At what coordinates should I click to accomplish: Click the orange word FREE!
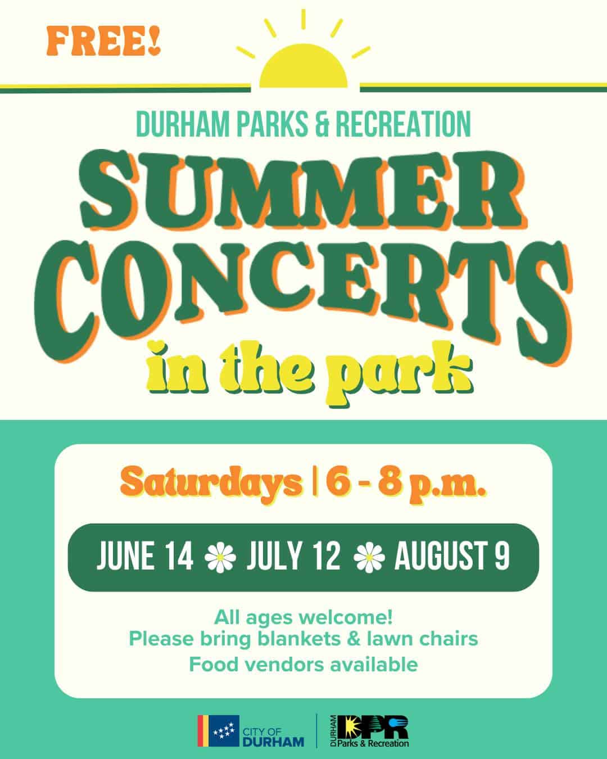click(103, 42)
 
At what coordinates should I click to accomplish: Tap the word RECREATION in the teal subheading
click(404, 124)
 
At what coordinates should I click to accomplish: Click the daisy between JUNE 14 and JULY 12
click(220, 557)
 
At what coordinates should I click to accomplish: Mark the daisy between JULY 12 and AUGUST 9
click(369, 557)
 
